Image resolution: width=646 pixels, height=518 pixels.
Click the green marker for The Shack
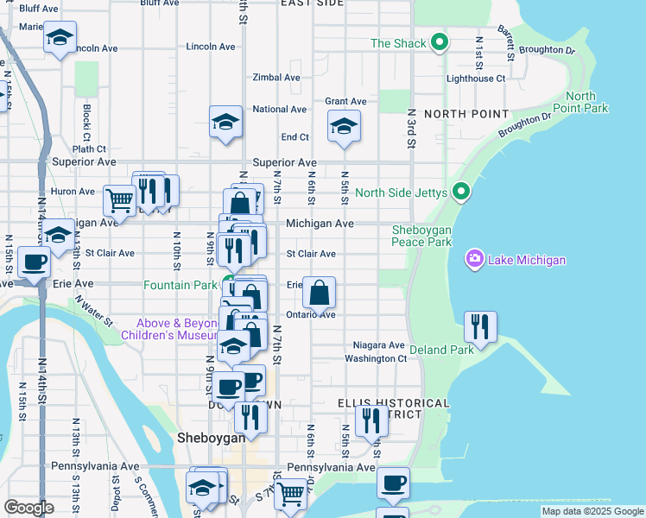point(440,42)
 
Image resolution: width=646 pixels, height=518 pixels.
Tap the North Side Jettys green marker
point(461,192)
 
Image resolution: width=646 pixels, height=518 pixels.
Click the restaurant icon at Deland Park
point(480,326)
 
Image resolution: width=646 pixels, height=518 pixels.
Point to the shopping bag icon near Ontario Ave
point(319,292)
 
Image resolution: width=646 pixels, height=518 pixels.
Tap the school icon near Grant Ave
point(344,127)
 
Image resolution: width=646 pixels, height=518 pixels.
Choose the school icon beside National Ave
point(225,122)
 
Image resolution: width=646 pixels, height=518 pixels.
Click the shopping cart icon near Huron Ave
point(120,200)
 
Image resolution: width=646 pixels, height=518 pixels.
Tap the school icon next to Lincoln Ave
point(60,37)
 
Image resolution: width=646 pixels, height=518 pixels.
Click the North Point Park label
point(587,102)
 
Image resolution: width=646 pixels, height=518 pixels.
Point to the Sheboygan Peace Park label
point(421,236)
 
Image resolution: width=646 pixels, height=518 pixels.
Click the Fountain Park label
point(180,285)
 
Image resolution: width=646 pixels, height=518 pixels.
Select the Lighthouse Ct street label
point(476,79)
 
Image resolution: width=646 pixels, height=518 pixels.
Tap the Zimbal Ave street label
point(276,78)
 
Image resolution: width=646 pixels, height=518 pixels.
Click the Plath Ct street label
point(89,149)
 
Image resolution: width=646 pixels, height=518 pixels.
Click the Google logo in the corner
point(28,508)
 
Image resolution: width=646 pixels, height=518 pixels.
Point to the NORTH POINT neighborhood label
point(466,114)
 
